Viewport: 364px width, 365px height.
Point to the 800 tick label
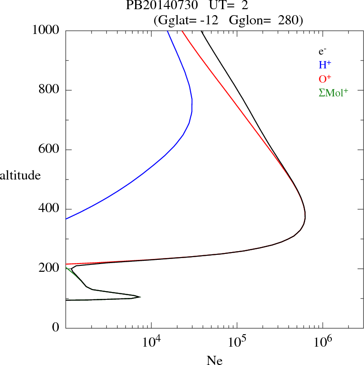(x=50, y=90)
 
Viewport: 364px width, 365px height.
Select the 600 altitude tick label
(x=50, y=150)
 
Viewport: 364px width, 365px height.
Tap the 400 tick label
(x=50, y=209)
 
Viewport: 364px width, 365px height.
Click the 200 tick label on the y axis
(x=50, y=269)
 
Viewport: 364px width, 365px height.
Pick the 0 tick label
(x=56, y=328)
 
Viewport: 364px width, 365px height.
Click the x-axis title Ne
(x=214, y=360)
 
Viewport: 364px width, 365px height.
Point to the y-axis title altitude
(x=20, y=175)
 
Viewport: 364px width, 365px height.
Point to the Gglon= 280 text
(x=265, y=21)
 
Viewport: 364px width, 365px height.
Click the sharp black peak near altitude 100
(x=140, y=297)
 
